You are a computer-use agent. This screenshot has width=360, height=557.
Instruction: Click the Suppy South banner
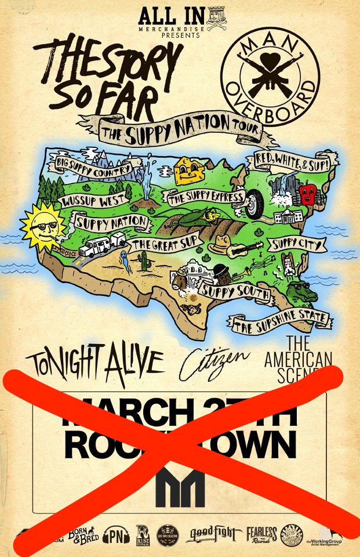(235, 290)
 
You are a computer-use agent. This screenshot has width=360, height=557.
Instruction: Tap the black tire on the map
(253, 204)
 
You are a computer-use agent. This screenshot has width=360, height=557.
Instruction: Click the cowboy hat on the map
(221, 244)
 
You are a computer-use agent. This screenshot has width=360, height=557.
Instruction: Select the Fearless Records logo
(261, 534)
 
